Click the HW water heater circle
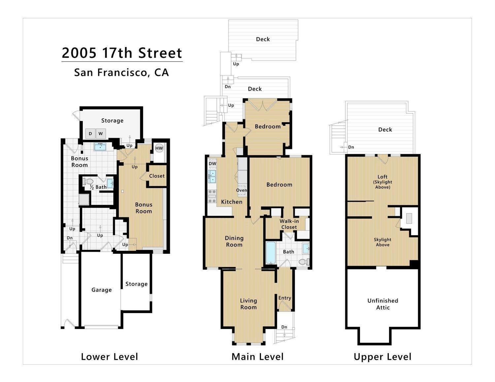click(x=159, y=148)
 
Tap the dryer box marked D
click(x=90, y=133)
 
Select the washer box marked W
click(x=101, y=133)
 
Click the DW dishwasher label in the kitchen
click(x=212, y=163)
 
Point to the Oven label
click(x=242, y=190)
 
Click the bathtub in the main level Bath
click(x=271, y=253)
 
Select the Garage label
click(x=102, y=290)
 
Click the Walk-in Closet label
click(x=289, y=224)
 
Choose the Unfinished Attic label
click(x=383, y=304)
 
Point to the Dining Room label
click(x=234, y=241)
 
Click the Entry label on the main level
click(x=285, y=298)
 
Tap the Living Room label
click(x=248, y=304)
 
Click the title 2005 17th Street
click(x=122, y=53)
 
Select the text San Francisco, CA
click(x=121, y=73)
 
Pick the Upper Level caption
click(x=382, y=357)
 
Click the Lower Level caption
click(x=110, y=357)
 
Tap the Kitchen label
click(x=232, y=202)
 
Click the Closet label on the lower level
click(x=157, y=176)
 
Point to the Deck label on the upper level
click(x=385, y=130)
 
